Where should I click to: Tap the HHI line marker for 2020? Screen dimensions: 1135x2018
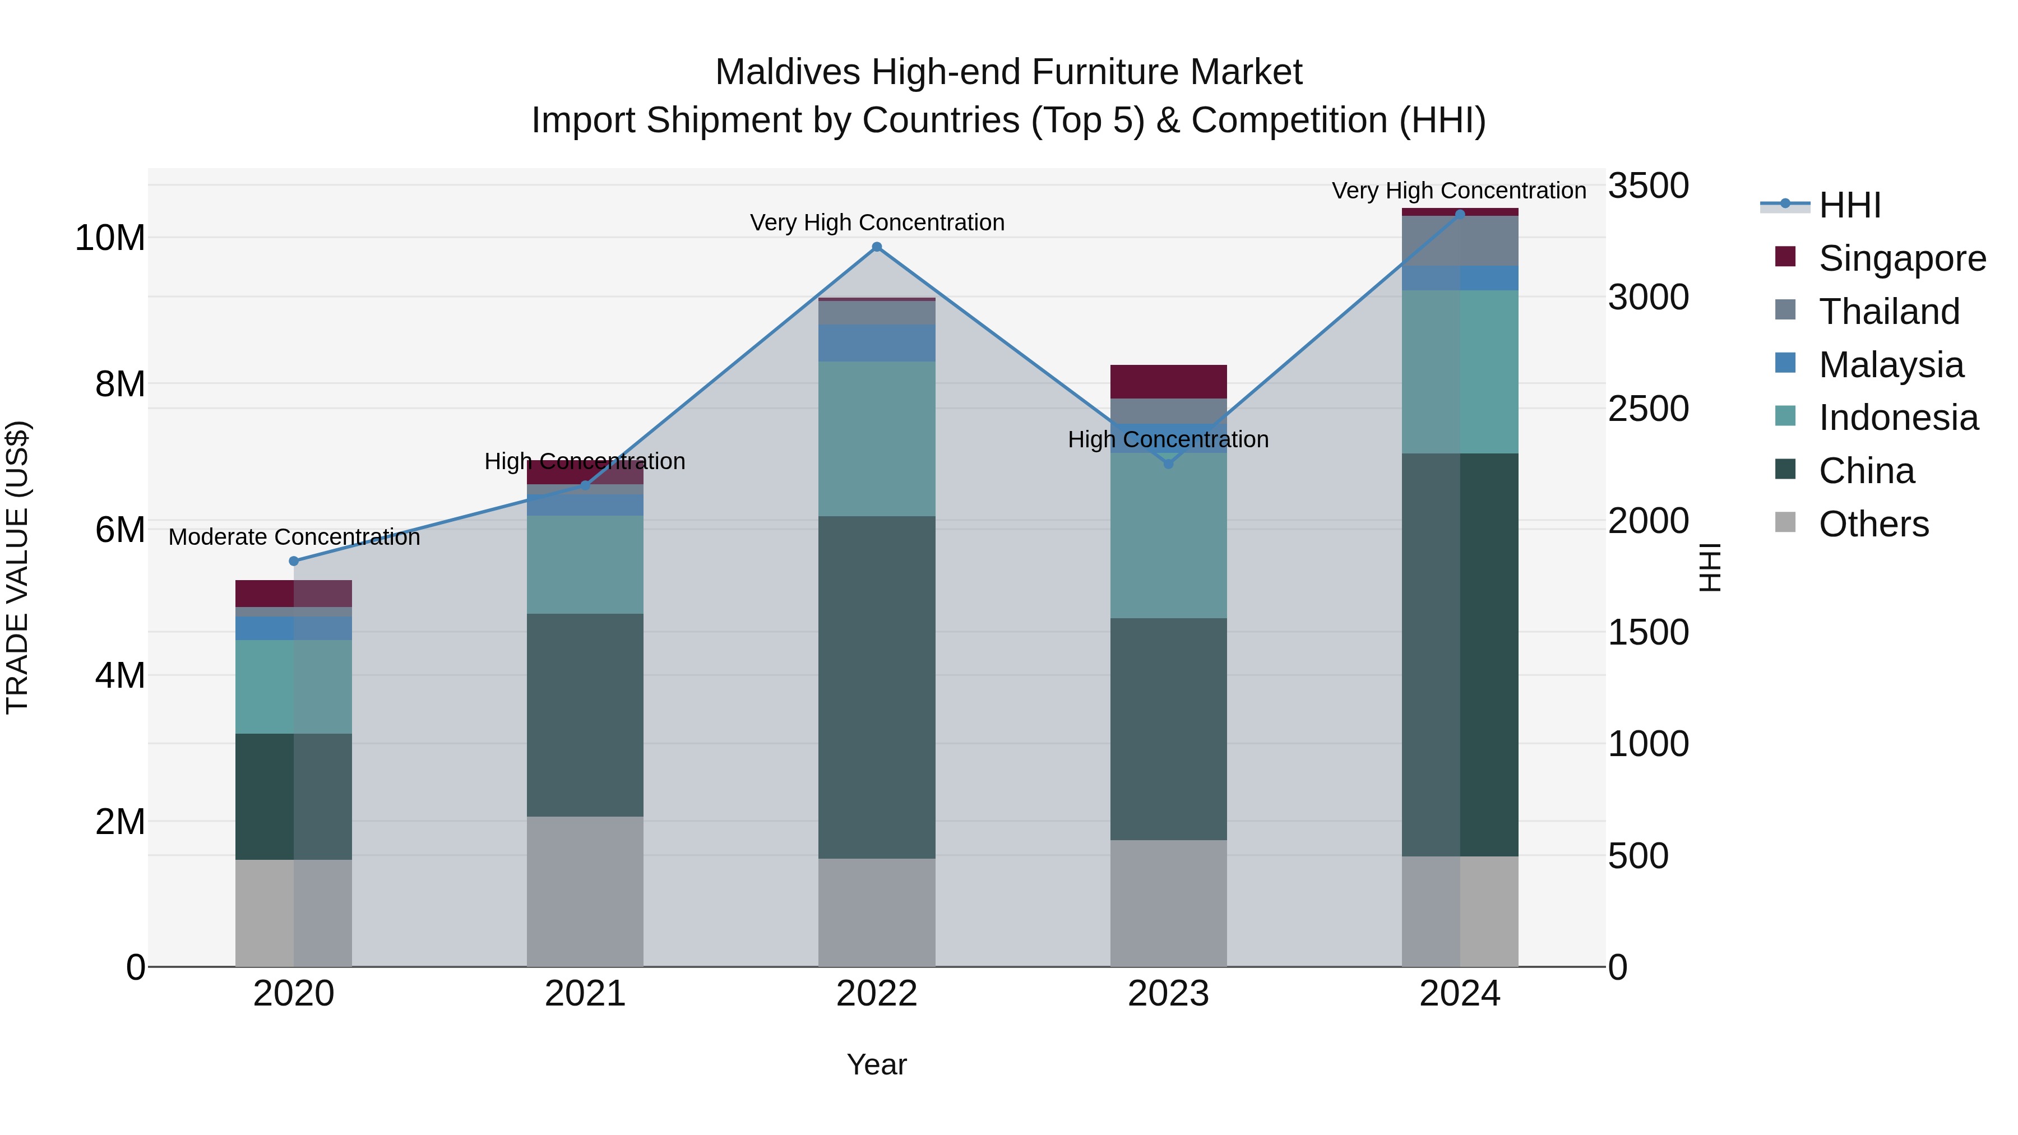(x=294, y=561)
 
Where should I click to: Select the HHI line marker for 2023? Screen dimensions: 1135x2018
(x=1168, y=464)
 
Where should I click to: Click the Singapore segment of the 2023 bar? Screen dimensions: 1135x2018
(x=1168, y=382)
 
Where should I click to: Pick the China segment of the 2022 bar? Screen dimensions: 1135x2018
(x=877, y=687)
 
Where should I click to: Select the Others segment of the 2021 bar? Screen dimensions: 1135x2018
(x=585, y=891)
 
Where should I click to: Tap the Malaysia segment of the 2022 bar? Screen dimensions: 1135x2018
(x=877, y=343)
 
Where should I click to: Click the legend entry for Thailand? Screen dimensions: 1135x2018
(x=1888, y=312)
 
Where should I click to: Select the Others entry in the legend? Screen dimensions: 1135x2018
(x=1872, y=524)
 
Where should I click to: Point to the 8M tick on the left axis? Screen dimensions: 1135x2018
(x=120, y=384)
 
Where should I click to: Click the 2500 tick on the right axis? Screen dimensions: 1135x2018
(x=1647, y=409)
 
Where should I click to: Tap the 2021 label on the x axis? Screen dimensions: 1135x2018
(x=585, y=994)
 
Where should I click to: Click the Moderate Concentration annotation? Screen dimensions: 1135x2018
(x=294, y=538)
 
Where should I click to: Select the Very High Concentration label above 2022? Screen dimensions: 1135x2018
(x=877, y=223)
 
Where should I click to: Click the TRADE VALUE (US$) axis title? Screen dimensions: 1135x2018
(x=17, y=567)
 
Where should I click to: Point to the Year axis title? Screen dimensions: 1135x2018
(x=877, y=1064)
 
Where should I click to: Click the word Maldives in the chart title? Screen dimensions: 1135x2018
(x=788, y=72)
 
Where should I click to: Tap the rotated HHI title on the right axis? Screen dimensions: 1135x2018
(x=1710, y=567)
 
